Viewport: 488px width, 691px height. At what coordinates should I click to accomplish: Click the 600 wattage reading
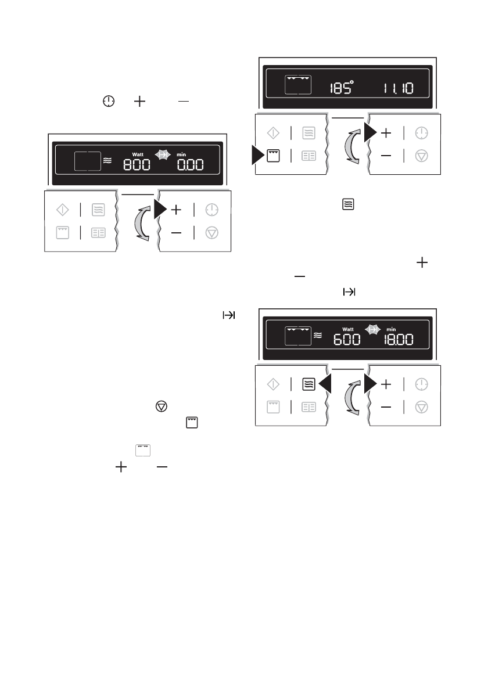click(x=346, y=339)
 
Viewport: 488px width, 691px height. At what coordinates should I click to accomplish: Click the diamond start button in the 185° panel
click(x=273, y=133)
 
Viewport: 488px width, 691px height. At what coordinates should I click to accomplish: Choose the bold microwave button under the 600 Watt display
click(x=309, y=384)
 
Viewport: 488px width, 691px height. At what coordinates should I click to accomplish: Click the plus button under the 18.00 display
click(x=386, y=384)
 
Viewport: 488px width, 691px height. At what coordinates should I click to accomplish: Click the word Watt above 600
click(x=347, y=329)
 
